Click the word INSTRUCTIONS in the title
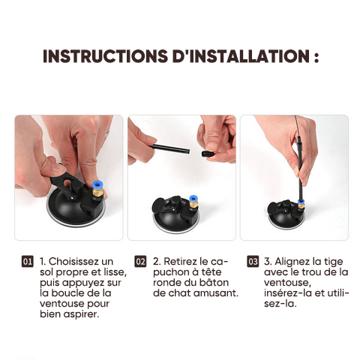tap(106, 56)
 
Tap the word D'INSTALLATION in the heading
tap(241, 56)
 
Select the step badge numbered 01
tap(27, 262)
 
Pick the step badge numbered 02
tap(140, 262)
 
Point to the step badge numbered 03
tap(253, 262)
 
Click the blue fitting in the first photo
tap(97, 185)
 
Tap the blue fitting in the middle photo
tap(193, 199)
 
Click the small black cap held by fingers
tap(207, 154)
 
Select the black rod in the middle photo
tap(170, 148)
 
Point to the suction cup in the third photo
tap(286, 215)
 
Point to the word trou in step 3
tap(313, 272)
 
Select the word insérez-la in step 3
tap(287, 293)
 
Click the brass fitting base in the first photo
tap(97, 193)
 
